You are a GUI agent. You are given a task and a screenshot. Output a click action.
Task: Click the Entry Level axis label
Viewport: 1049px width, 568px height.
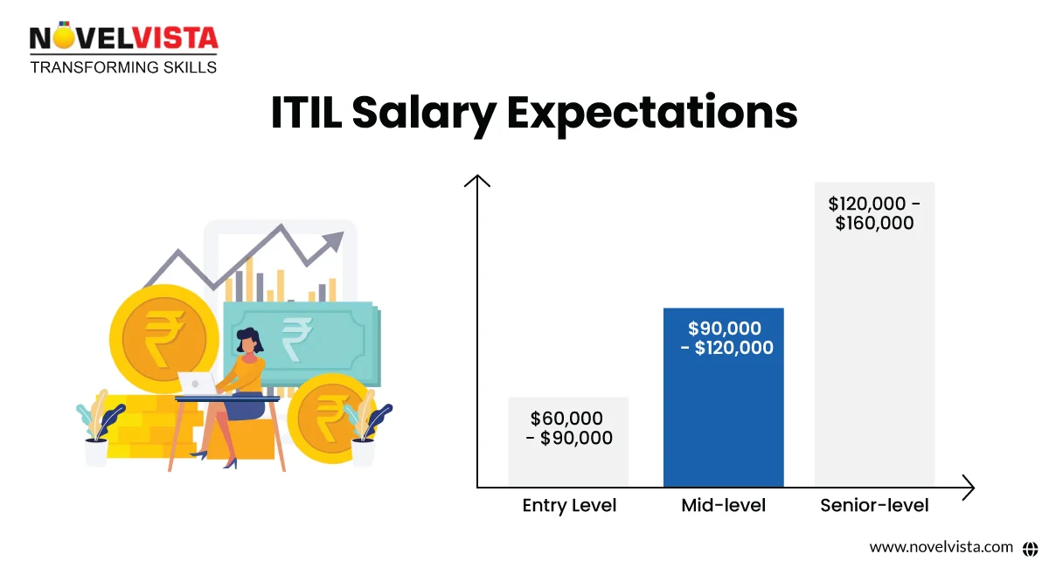569,505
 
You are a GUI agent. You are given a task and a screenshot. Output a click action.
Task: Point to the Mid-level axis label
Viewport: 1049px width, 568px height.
723,505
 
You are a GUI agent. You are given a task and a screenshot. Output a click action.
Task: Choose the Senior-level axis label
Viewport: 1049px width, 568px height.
874,505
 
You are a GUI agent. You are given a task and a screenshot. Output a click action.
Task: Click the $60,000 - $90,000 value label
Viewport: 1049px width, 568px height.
569,428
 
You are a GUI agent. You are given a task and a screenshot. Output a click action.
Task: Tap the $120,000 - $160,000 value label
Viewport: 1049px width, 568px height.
874,213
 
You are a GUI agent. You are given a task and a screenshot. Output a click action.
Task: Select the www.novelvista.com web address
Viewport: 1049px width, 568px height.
941,547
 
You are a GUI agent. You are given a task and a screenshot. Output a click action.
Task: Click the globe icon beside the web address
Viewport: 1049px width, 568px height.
1029,547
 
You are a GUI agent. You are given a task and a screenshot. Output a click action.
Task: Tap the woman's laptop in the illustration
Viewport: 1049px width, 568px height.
197,383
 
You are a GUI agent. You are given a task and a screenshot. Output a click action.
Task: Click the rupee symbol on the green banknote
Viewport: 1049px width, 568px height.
297,336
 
